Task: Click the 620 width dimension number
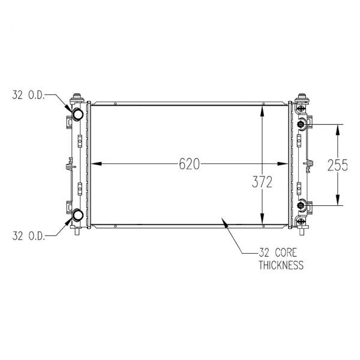189,164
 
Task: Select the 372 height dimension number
262,182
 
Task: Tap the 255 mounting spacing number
337,166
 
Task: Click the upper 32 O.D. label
28,95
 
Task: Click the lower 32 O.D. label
28,236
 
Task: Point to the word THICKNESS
281,265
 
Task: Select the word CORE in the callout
286,253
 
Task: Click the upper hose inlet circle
77,113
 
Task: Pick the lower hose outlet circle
77,215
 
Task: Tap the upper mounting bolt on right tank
301,124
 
